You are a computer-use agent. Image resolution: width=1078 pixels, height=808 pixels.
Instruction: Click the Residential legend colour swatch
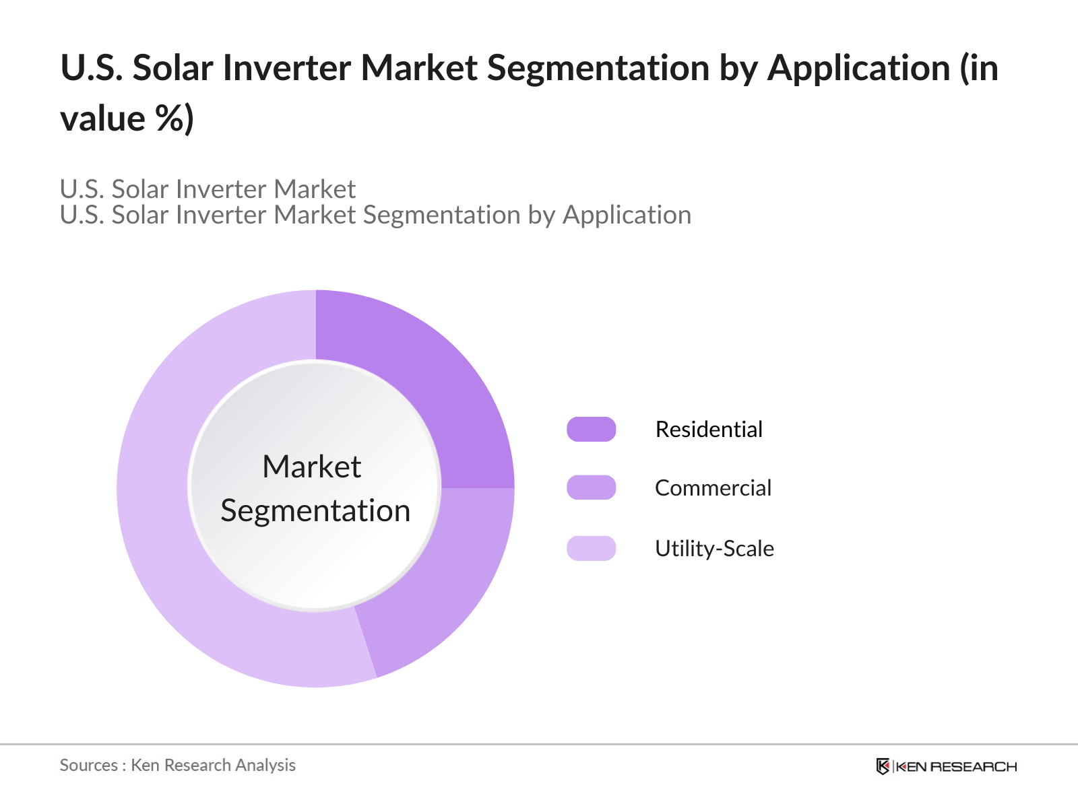click(x=591, y=429)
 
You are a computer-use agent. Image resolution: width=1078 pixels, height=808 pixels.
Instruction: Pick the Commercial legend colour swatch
click(x=591, y=487)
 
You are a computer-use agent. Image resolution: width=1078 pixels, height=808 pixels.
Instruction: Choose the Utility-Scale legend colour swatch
click(x=591, y=548)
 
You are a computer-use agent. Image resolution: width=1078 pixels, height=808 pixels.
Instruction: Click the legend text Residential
click(x=709, y=429)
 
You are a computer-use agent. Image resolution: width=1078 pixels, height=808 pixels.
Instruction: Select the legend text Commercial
click(x=713, y=487)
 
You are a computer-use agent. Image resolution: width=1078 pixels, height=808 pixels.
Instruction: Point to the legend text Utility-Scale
click(x=714, y=548)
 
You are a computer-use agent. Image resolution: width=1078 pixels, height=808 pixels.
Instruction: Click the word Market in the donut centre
click(x=312, y=467)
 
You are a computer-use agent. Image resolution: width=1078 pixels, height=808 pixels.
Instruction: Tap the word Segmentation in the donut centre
click(x=315, y=510)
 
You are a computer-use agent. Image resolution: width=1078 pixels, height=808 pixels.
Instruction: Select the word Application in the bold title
click(x=859, y=68)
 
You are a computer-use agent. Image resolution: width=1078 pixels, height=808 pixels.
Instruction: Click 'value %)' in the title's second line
click(x=127, y=119)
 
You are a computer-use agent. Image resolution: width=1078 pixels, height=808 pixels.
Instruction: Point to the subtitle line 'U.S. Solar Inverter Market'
click(x=208, y=189)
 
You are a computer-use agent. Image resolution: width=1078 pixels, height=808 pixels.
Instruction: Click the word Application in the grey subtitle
click(x=627, y=215)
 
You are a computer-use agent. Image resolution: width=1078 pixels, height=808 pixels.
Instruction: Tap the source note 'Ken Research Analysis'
click(x=213, y=765)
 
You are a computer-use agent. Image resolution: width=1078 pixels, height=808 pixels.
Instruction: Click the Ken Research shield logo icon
click(x=883, y=766)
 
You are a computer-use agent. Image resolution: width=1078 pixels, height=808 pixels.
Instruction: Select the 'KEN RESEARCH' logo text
click(x=956, y=766)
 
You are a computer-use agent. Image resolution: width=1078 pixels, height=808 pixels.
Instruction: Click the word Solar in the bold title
click(x=172, y=68)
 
